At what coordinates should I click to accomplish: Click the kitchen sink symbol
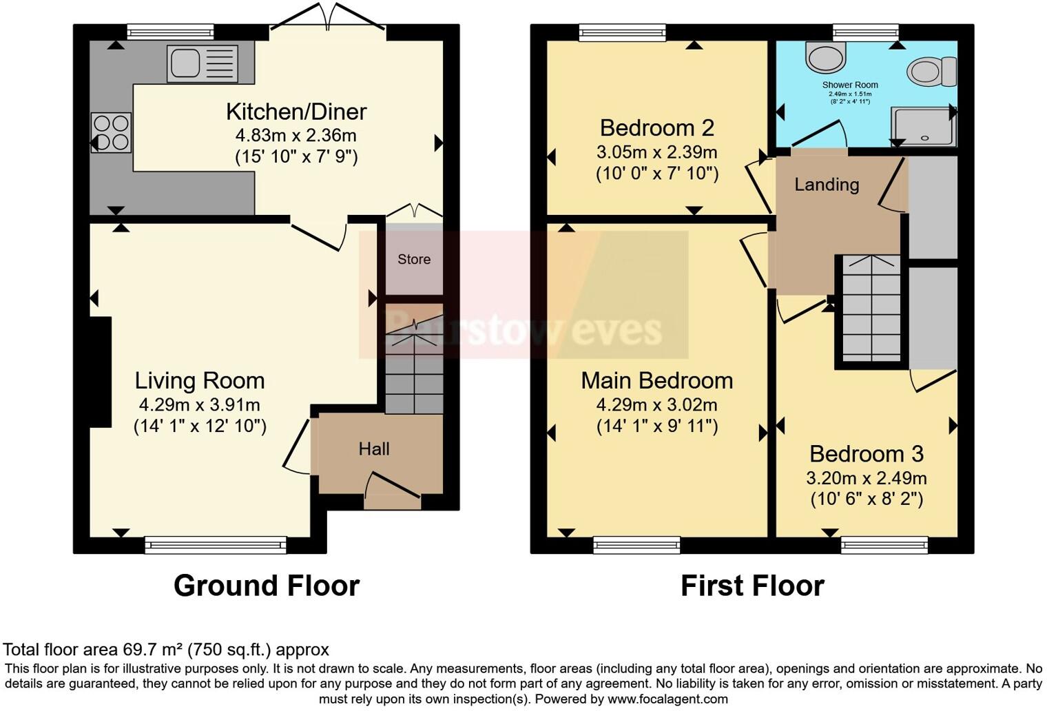point(202,63)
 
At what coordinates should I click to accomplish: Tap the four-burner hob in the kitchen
point(111,132)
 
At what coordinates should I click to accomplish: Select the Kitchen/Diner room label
point(296,112)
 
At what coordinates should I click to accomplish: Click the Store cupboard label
point(414,260)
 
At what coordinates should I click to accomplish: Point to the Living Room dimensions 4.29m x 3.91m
point(200,405)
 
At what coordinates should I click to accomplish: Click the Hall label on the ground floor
point(374,449)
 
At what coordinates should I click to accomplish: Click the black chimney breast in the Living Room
point(101,372)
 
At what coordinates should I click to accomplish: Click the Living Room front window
point(216,545)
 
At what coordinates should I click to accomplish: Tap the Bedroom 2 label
point(656,128)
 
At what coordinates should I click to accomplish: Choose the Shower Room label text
point(850,85)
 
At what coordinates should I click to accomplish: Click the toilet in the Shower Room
point(931,72)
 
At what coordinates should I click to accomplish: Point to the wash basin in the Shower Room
point(826,57)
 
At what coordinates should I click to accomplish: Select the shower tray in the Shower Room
point(923,127)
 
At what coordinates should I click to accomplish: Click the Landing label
point(827,185)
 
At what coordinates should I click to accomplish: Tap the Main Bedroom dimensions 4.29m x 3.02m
point(656,405)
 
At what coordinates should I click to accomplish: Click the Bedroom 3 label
point(866,454)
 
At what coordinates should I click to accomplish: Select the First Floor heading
point(752,586)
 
